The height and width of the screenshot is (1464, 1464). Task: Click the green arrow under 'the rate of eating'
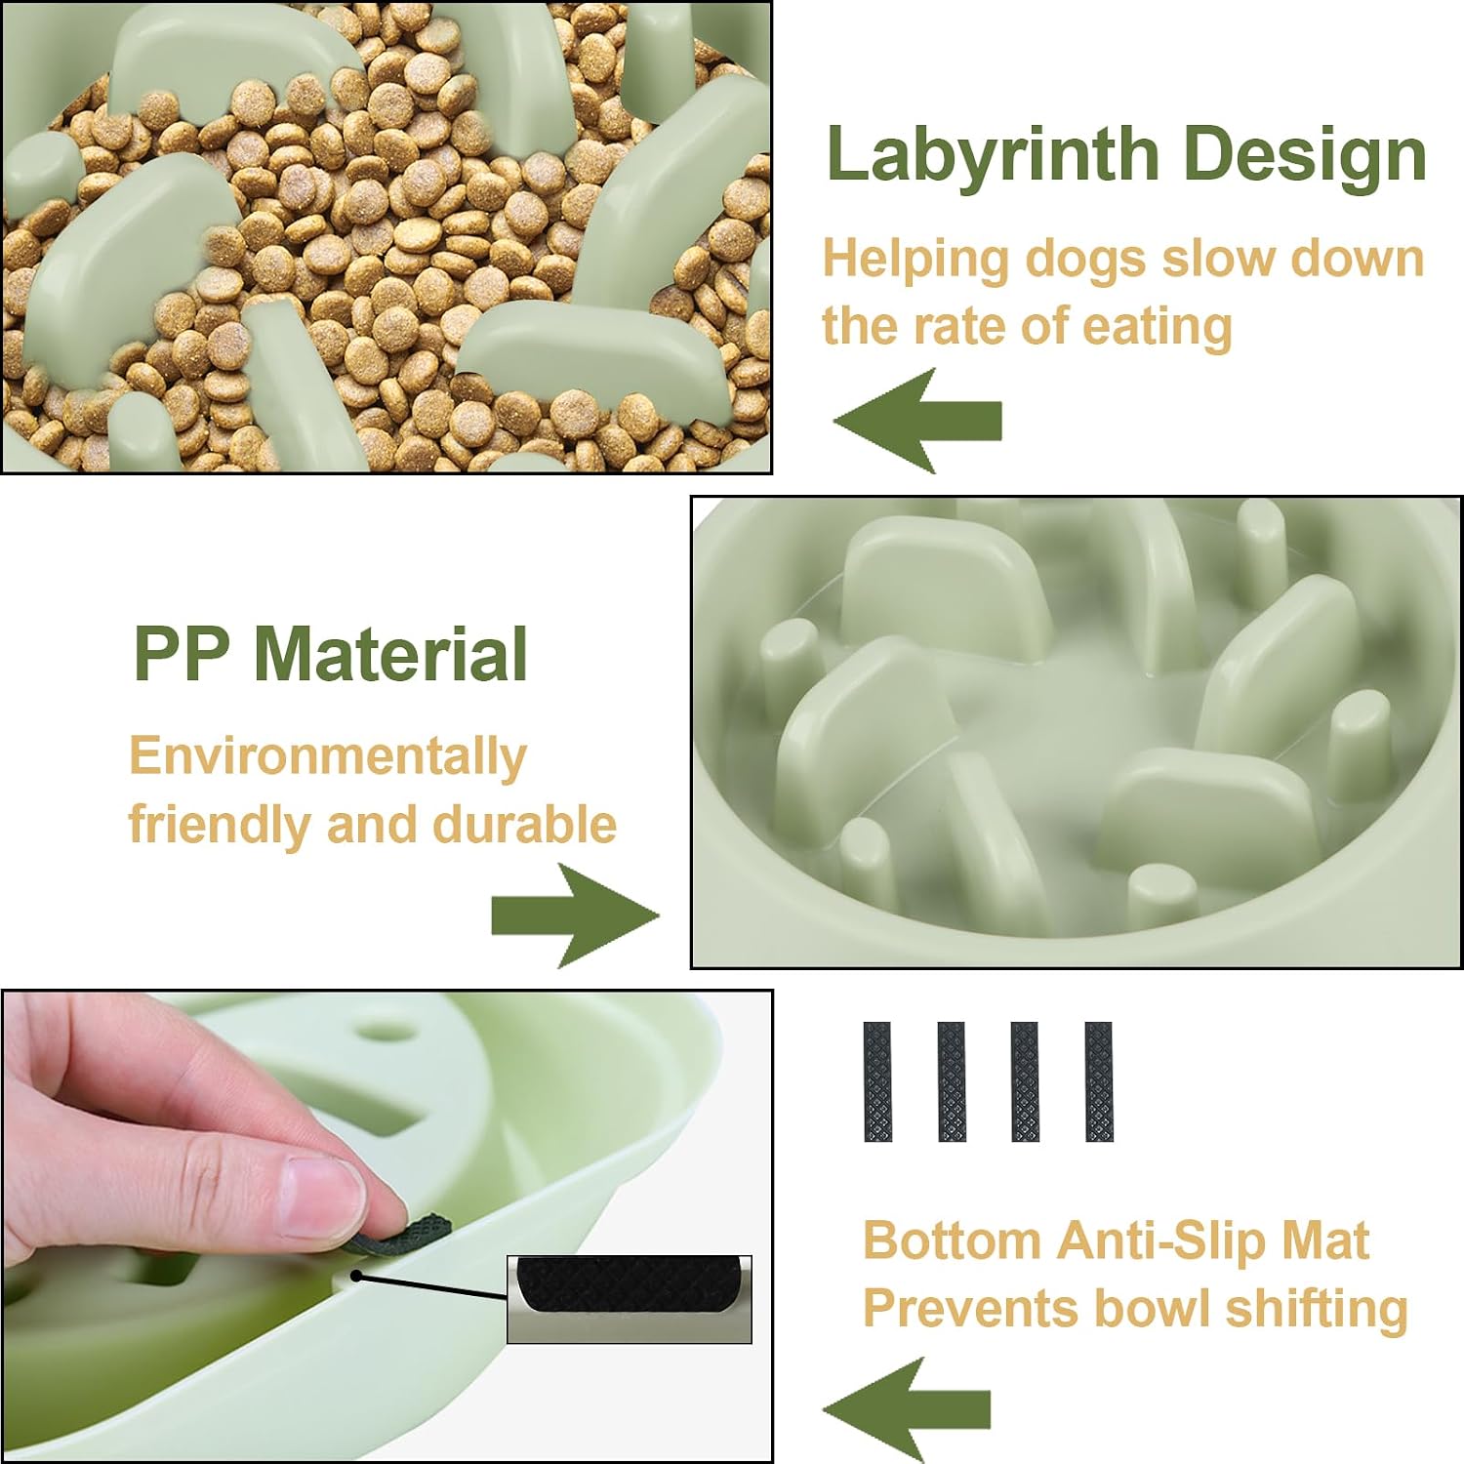pyautogui.click(x=917, y=420)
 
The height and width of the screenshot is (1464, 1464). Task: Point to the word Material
pyautogui.click(x=390, y=653)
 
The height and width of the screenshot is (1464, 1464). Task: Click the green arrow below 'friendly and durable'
pyautogui.click(x=575, y=915)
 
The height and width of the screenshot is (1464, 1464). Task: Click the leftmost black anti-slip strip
pyautogui.click(x=876, y=1081)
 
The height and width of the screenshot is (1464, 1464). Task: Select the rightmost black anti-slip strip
pyautogui.click(x=1098, y=1081)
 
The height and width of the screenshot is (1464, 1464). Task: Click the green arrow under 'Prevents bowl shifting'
pyautogui.click(x=907, y=1408)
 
